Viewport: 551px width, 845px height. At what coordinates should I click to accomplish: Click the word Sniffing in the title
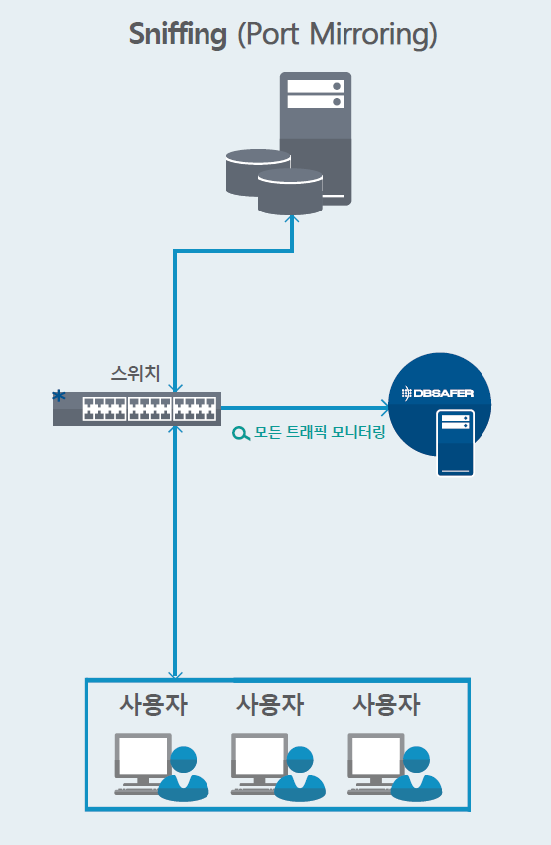tap(178, 35)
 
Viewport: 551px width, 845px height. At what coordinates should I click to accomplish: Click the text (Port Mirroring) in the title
tap(338, 35)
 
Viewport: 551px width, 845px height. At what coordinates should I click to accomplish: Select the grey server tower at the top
tap(316, 138)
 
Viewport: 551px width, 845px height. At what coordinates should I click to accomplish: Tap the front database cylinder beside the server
tap(290, 193)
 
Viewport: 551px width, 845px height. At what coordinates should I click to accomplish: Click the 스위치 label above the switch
tap(135, 373)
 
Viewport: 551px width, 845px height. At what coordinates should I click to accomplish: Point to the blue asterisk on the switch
tap(59, 396)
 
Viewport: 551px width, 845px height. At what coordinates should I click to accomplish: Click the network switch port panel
tap(150, 409)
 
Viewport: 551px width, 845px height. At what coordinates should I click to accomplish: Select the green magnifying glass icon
tap(241, 433)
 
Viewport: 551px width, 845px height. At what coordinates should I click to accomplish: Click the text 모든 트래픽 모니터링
tap(320, 432)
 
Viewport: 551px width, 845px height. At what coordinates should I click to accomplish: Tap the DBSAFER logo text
tap(438, 393)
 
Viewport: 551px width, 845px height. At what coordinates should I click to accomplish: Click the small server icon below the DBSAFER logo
tap(455, 443)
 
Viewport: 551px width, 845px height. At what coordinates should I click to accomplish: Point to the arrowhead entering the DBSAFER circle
tap(384, 408)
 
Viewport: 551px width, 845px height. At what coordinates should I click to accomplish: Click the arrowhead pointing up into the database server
tap(292, 219)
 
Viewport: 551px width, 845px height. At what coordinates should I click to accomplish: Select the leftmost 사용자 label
tap(154, 704)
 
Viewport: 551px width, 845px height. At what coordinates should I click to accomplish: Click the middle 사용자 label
tap(270, 704)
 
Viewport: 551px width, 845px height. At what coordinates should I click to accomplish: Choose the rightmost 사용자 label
tap(386, 704)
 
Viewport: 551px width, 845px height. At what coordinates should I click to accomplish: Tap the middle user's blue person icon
tap(300, 775)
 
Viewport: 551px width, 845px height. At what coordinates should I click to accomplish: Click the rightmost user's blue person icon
tap(416, 775)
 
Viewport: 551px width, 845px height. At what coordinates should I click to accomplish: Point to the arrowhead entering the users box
tap(175, 674)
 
